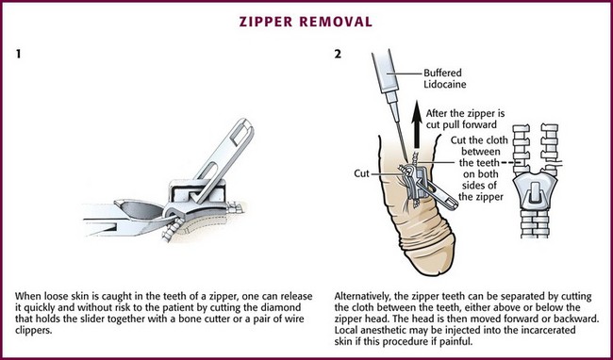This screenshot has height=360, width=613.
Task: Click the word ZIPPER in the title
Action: pyautogui.click(x=266, y=22)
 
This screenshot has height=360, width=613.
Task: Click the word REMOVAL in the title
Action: pyautogui.click(x=336, y=22)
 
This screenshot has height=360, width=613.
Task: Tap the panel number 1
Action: pyautogui.click(x=18, y=54)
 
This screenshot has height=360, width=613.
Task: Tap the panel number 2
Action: pyautogui.click(x=338, y=54)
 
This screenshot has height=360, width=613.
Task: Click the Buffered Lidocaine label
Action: pyautogui.click(x=445, y=78)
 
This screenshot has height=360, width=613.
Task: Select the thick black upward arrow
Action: pyautogui.click(x=417, y=124)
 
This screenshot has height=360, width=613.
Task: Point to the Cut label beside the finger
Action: pyautogui.click(x=361, y=173)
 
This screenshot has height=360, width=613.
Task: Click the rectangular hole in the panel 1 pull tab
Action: pyautogui.click(x=238, y=135)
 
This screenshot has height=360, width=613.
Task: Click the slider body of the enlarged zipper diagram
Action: pyautogui.click(x=535, y=192)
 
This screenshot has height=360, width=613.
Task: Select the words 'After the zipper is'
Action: pyautogui.click(x=465, y=114)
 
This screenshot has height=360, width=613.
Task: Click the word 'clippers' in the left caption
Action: pyautogui.click(x=33, y=331)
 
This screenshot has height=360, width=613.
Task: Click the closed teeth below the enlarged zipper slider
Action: pyautogui.click(x=535, y=224)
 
